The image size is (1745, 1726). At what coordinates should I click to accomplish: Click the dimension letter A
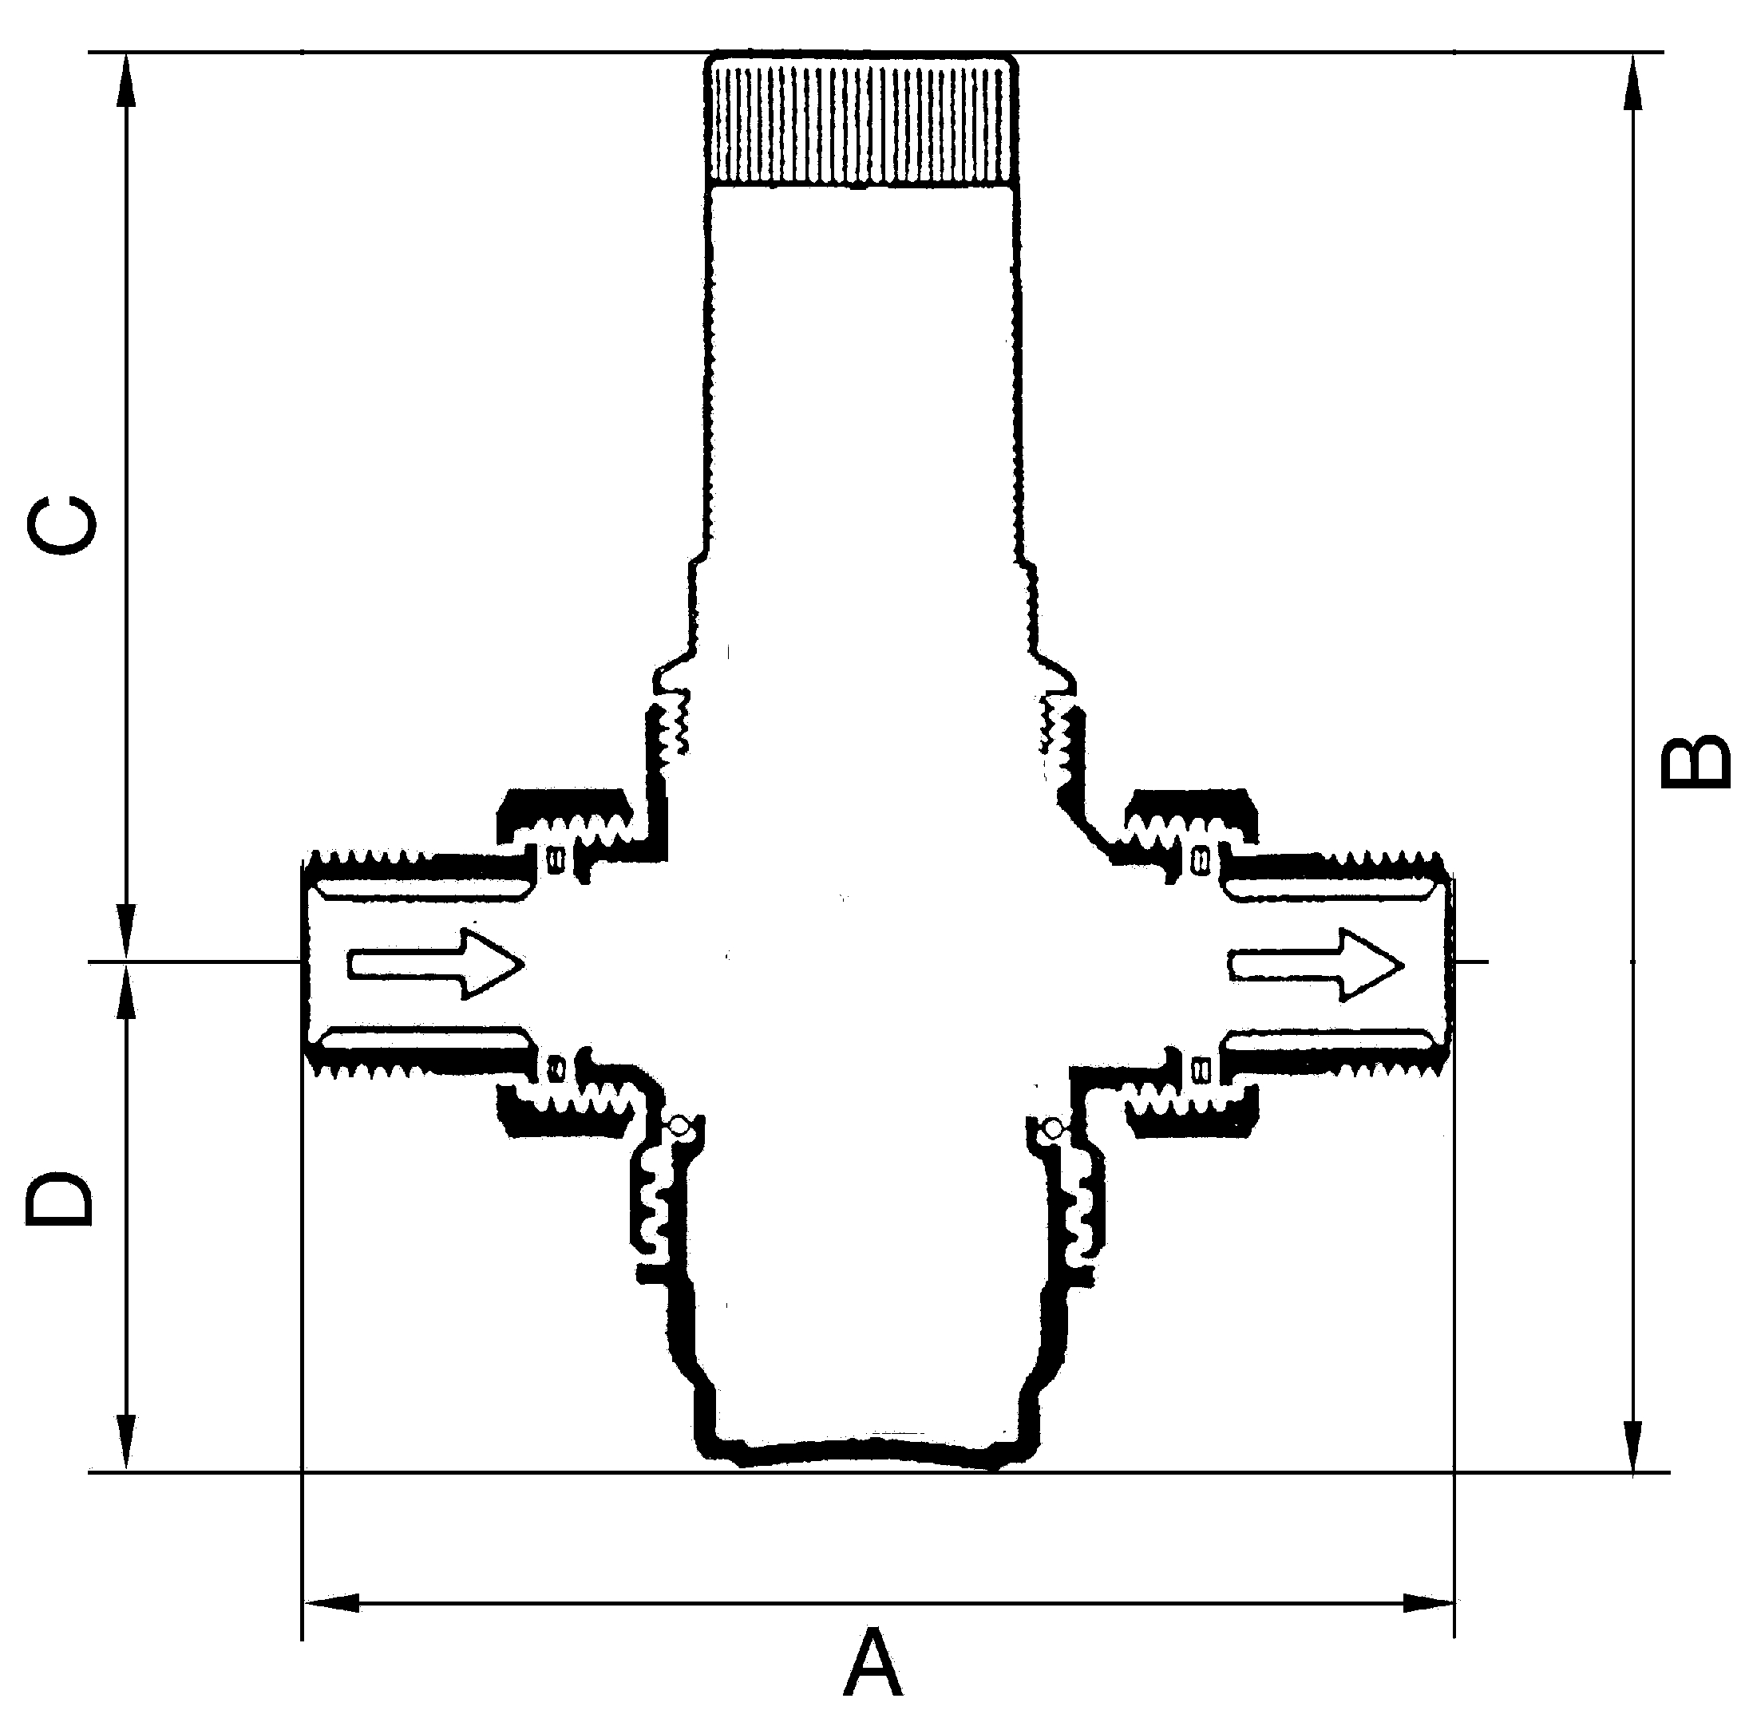(x=873, y=1664)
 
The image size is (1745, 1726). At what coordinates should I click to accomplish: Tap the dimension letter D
(x=60, y=1201)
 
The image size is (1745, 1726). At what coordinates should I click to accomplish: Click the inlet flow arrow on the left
(x=436, y=963)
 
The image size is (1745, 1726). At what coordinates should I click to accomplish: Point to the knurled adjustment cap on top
(x=861, y=119)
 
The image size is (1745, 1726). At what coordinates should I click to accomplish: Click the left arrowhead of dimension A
(x=331, y=1603)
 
